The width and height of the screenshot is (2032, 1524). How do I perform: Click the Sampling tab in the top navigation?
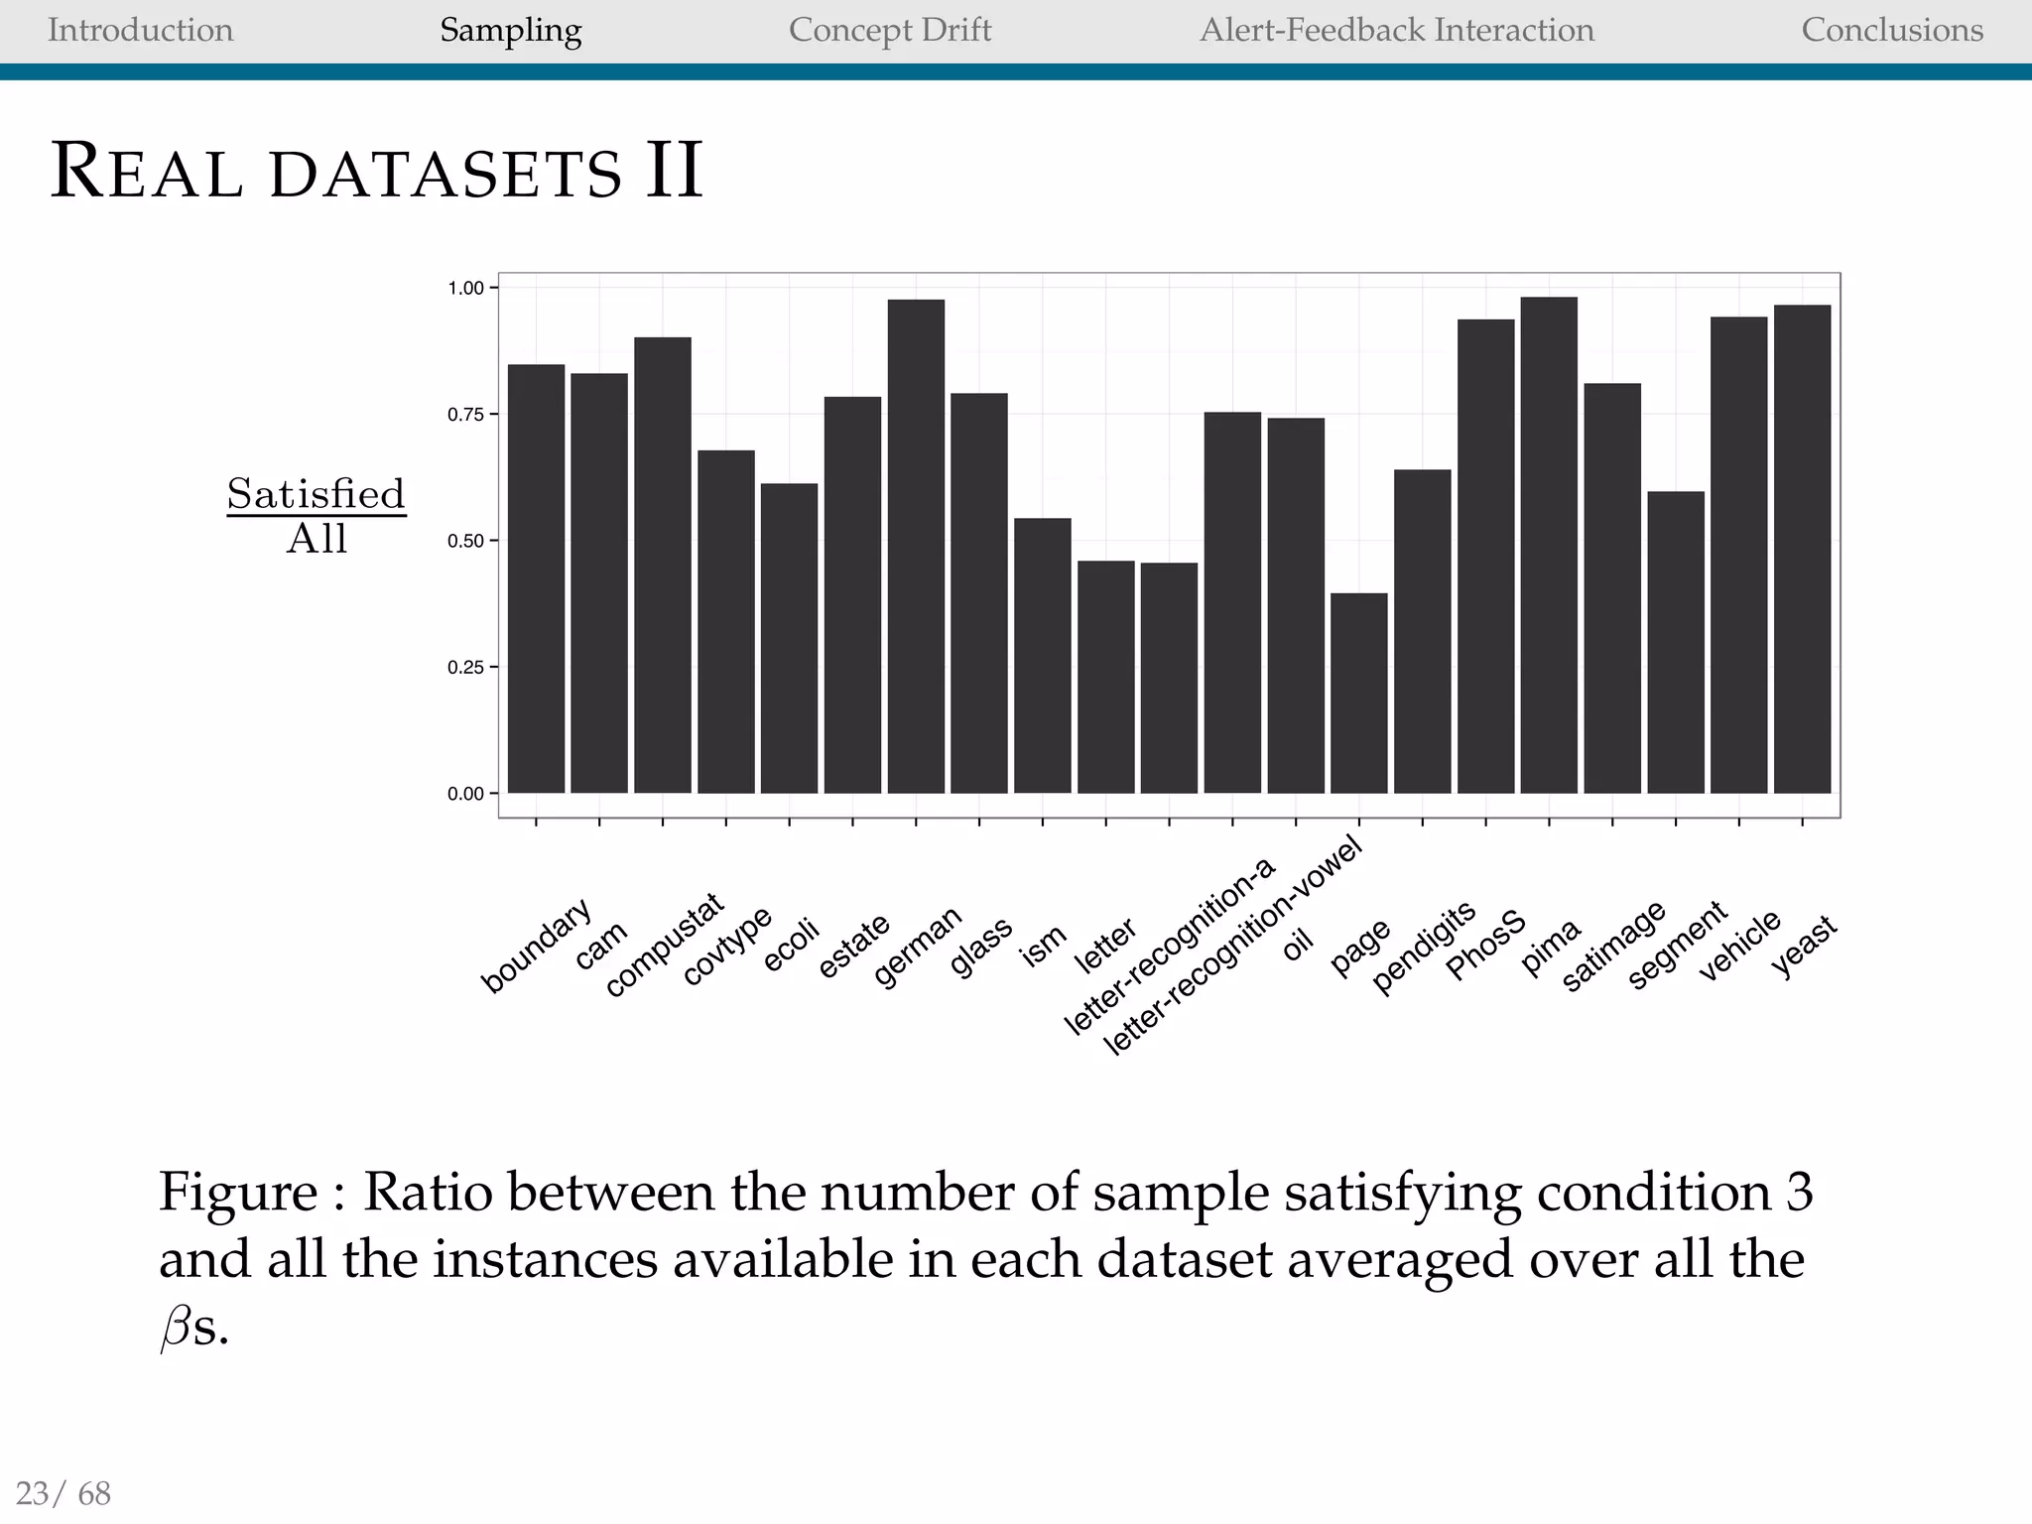[x=510, y=30]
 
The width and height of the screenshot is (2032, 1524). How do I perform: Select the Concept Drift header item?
[x=889, y=30]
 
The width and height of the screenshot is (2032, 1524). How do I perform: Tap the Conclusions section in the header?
[x=1891, y=30]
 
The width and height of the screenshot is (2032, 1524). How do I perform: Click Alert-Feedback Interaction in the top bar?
[x=1396, y=30]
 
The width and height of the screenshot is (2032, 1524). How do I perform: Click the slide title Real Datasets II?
[x=376, y=171]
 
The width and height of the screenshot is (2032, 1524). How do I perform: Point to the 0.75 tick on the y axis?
[x=465, y=415]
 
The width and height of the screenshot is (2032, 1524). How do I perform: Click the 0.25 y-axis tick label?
[x=465, y=668]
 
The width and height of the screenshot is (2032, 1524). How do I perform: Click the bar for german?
[x=916, y=546]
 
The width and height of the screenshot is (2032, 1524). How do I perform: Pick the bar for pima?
[x=1549, y=546]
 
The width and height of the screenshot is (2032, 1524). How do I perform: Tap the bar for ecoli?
[x=789, y=638]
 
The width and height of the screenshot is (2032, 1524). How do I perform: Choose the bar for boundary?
[x=536, y=578]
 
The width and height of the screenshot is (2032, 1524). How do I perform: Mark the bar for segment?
[x=1676, y=642]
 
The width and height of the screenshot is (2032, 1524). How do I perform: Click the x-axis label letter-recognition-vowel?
[x=1233, y=948]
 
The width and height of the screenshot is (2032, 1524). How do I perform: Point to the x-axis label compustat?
[x=664, y=946]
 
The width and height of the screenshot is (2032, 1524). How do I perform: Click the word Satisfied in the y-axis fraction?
[x=316, y=493]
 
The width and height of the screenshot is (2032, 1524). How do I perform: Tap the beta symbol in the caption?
[x=175, y=1328]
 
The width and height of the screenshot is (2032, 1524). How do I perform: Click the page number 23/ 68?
[x=63, y=1492]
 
